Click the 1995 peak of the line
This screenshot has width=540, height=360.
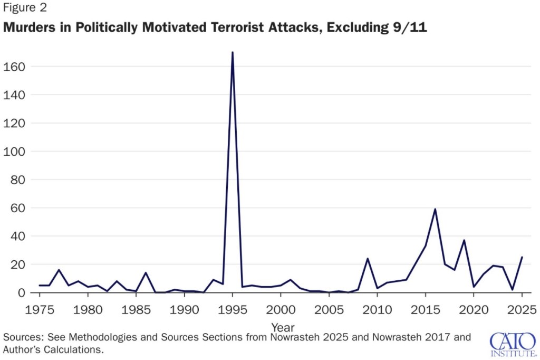pyautogui.click(x=233, y=52)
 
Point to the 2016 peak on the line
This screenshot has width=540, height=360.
pyautogui.click(x=435, y=209)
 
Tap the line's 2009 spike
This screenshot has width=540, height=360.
pyautogui.click(x=368, y=259)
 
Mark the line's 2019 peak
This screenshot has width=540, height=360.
pyautogui.click(x=464, y=240)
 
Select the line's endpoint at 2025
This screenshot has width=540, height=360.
pyautogui.click(x=522, y=257)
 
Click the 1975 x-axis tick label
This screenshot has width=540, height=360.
pyautogui.click(x=40, y=308)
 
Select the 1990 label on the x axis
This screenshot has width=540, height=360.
pyautogui.click(x=184, y=308)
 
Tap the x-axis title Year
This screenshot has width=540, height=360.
pyautogui.click(x=283, y=327)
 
